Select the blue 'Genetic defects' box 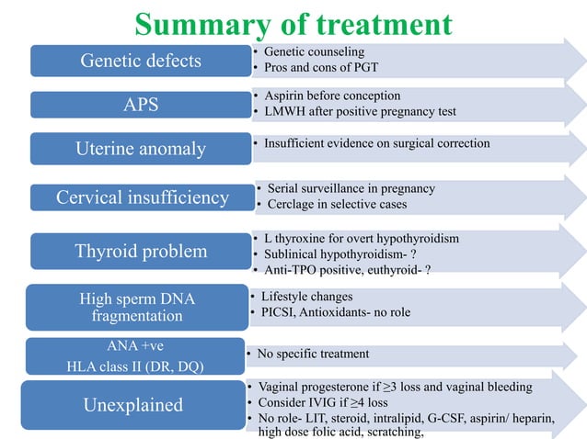(140, 62)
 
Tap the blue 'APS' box (140, 104)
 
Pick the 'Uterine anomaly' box (140, 147)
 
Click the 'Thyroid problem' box (141, 251)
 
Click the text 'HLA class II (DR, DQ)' (129, 366)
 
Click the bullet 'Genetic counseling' (315, 51)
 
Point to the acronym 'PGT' (365, 68)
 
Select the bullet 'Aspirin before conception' (332, 96)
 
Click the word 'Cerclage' (293, 204)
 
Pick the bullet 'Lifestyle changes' (306, 297)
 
